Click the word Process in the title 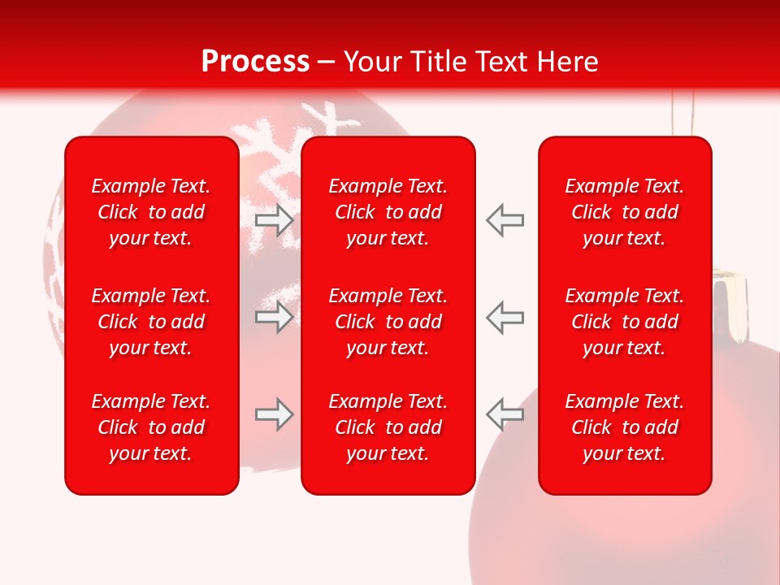click(x=255, y=62)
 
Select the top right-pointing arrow click(x=275, y=220)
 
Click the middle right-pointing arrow click(x=275, y=317)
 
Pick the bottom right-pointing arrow click(x=275, y=414)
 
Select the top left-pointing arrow click(x=505, y=220)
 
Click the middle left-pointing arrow click(x=505, y=317)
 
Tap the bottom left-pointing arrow click(x=505, y=414)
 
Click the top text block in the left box click(x=151, y=212)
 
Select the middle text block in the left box click(x=151, y=322)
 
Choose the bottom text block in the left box click(x=151, y=427)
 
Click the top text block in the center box click(x=388, y=212)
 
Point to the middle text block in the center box click(x=388, y=322)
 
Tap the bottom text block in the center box click(x=388, y=427)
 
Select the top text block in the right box click(x=625, y=212)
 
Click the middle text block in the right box click(x=625, y=322)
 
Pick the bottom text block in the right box click(x=625, y=427)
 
